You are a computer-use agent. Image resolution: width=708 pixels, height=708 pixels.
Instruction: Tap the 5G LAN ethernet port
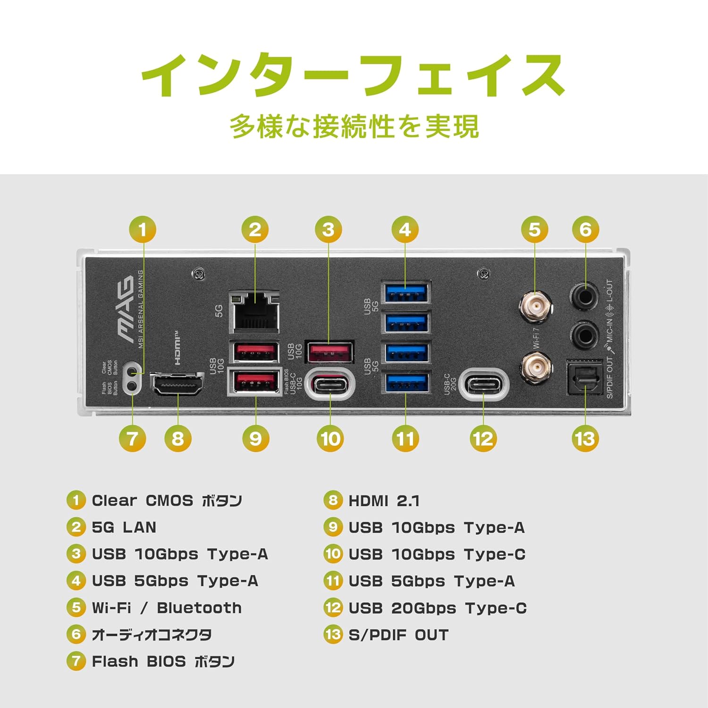click(x=254, y=312)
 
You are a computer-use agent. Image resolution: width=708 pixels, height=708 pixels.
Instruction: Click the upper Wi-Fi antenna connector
click(x=536, y=307)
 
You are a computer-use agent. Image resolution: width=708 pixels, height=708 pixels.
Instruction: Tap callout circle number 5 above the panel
click(x=534, y=230)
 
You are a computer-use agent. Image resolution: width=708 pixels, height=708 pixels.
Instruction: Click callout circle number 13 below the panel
click(x=585, y=438)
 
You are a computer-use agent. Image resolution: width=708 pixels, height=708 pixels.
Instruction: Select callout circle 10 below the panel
click(x=330, y=438)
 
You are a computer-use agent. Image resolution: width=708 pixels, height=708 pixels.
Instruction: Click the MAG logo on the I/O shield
click(x=126, y=309)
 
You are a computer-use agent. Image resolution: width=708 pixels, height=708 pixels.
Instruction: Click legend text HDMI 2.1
click(x=383, y=501)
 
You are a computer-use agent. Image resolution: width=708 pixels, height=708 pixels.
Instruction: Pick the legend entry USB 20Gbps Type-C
click(x=437, y=608)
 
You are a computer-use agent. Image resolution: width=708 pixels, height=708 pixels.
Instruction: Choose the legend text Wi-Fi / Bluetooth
click(x=166, y=608)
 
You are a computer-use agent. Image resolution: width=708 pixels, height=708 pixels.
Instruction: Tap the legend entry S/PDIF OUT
click(x=398, y=635)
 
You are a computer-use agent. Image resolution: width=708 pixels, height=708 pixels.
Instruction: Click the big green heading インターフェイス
click(x=353, y=76)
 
